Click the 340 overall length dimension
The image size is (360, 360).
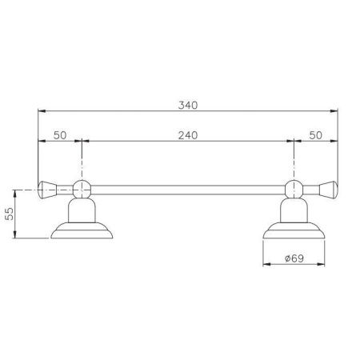point(187,105)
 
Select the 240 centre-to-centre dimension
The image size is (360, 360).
point(187,135)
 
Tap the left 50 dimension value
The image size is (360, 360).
point(60,135)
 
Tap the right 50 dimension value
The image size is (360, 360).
point(314,135)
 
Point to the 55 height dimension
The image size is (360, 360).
point(9,214)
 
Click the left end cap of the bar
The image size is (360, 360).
point(47,190)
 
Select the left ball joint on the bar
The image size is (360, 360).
point(81,190)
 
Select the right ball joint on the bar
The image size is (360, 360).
point(294,190)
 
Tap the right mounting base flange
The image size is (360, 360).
point(294,232)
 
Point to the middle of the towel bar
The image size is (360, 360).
point(187,190)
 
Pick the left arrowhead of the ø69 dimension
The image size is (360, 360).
point(268,265)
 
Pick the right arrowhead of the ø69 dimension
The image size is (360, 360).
point(321,265)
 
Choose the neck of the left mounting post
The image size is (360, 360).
point(81,210)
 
